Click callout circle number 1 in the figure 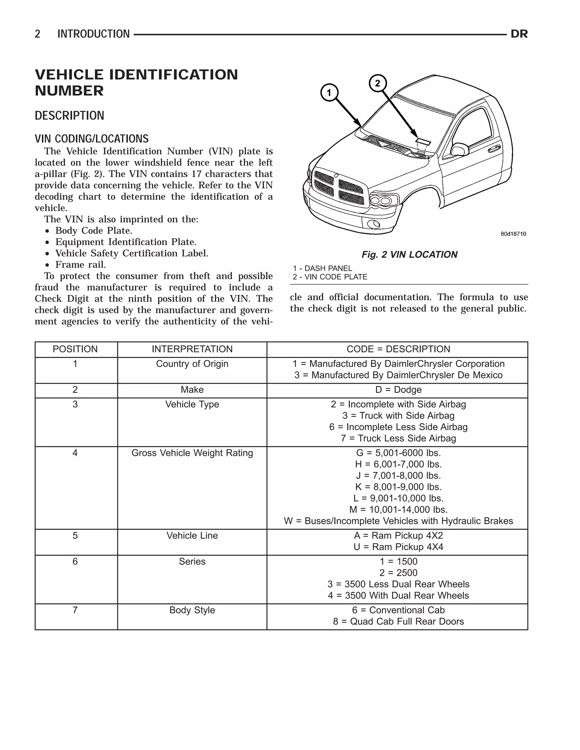click(x=329, y=93)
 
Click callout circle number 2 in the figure click(x=378, y=83)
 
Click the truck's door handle click(x=494, y=148)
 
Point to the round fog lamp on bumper click(x=373, y=224)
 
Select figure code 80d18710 click(x=513, y=234)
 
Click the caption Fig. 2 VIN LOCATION click(x=409, y=254)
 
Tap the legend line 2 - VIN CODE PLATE click(x=330, y=277)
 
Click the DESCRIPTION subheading click(x=69, y=116)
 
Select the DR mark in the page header click(x=519, y=34)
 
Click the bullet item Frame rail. click(x=80, y=264)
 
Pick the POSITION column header click(x=75, y=349)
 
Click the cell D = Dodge click(x=398, y=390)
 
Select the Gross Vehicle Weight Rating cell click(x=192, y=453)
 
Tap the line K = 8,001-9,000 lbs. click(x=398, y=487)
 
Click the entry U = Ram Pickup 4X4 click(x=398, y=547)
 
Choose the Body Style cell click(x=192, y=610)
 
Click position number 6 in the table click(x=75, y=562)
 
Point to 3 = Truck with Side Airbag click(x=398, y=415)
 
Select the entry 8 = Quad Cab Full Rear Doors click(x=398, y=622)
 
